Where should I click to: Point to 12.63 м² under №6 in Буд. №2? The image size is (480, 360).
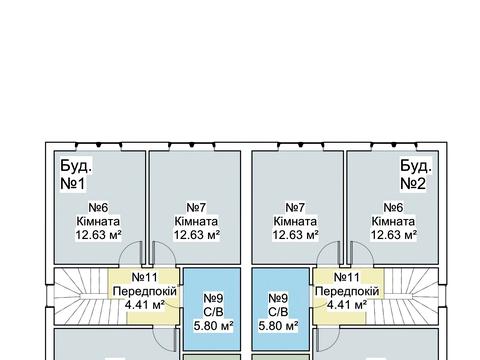coord(392,235)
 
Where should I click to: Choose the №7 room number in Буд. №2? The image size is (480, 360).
coord(295,207)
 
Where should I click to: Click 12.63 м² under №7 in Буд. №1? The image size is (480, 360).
coord(197,235)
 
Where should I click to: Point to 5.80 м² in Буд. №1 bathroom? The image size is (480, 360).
coord(212,325)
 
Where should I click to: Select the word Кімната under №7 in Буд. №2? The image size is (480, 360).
coord(295,221)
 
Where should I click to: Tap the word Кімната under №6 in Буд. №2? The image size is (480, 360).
coord(392,221)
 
